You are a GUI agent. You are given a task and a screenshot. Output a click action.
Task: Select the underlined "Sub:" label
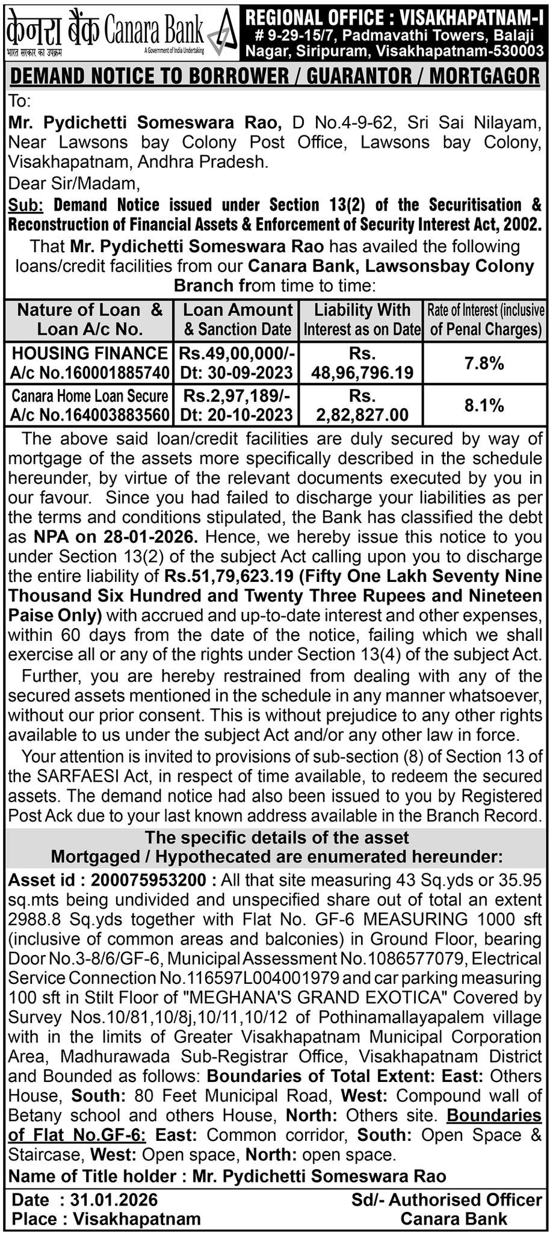26,205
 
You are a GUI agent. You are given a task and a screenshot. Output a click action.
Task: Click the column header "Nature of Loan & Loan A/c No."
90,320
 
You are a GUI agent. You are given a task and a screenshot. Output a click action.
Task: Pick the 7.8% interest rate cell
484,363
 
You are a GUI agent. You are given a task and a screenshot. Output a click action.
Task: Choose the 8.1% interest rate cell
484,405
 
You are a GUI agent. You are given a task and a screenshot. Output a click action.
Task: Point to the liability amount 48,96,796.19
362,373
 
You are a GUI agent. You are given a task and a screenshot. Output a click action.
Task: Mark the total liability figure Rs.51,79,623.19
227,576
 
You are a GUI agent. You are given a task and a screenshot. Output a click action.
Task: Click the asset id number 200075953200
148,880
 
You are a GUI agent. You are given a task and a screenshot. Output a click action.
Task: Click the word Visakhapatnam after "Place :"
137,1219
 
